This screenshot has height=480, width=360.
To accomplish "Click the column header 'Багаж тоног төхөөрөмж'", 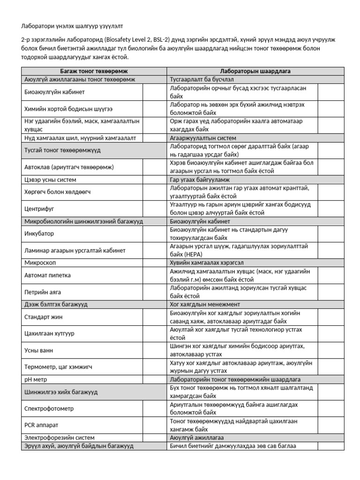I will [94, 71].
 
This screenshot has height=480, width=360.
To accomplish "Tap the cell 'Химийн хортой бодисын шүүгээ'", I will [68, 109].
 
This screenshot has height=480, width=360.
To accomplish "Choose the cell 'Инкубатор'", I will [39, 233].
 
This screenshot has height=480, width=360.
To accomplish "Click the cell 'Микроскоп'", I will [39, 262].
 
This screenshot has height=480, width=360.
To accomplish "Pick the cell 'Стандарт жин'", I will [43, 317].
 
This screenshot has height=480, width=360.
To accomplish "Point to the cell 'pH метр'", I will [36, 379].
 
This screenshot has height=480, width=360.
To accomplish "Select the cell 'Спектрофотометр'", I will [49, 408].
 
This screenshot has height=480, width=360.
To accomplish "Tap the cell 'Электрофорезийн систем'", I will [56, 437].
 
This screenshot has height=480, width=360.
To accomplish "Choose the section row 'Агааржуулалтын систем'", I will [203, 138].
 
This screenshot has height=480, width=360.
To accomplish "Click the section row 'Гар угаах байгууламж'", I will [202, 180].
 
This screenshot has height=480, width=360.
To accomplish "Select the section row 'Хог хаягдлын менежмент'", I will [204, 304].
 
